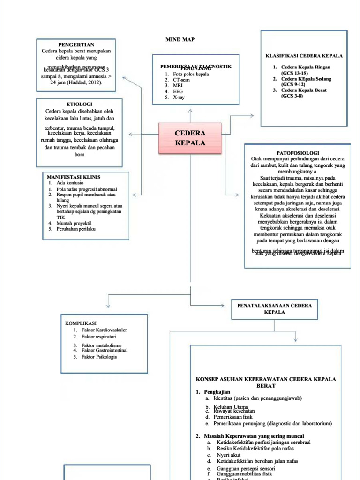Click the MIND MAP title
(x=180, y=39)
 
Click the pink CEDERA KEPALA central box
(x=190, y=138)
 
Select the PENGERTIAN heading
(x=76, y=45)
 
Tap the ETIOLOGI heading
(x=79, y=104)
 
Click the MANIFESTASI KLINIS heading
(x=74, y=177)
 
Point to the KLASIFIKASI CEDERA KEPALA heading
(x=304, y=55)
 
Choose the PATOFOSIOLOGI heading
(x=298, y=153)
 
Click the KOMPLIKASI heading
(x=81, y=323)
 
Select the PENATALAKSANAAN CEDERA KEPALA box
(x=274, y=308)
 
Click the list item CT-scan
(x=181, y=80)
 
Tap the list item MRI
(x=177, y=86)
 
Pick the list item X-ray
(x=178, y=97)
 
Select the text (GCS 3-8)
(x=292, y=96)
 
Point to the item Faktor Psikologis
(x=99, y=357)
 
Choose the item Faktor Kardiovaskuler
(x=104, y=330)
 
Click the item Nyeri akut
(x=228, y=455)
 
